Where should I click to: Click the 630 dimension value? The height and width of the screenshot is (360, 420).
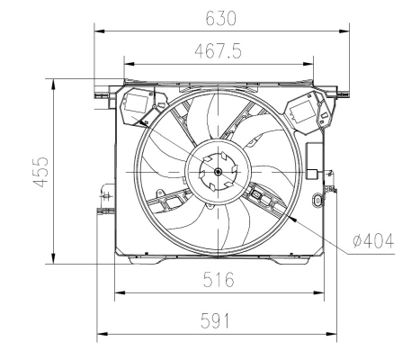click(x=220, y=18)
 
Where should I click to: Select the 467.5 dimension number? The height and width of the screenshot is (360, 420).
click(x=218, y=51)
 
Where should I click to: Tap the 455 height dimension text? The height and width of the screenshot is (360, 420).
click(x=40, y=172)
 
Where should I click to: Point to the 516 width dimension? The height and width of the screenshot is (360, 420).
click(x=219, y=279)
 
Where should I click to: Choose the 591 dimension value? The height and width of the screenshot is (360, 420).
click(x=215, y=320)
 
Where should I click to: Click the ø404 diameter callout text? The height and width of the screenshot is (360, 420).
click(x=373, y=241)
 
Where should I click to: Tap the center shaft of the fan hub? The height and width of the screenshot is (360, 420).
click(x=218, y=172)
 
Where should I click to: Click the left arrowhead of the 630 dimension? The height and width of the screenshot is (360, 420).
click(x=99, y=31)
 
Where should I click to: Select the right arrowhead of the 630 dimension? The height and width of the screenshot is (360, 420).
click(x=344, y=31)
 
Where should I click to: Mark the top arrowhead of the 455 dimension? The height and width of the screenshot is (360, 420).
click(x=53, y=85)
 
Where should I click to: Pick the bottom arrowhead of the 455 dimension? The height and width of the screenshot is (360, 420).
click(x=53, y=258)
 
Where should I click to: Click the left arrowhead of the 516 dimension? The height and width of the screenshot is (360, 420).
click(x=121, y=292)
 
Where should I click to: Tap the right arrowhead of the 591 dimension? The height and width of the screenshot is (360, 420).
click(x=332, y=334)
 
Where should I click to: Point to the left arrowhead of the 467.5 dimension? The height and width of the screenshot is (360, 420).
click(x=130, y=64)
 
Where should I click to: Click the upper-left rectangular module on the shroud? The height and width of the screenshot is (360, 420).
click(x=137, y=103)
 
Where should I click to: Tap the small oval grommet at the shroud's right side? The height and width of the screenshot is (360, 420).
click(x=317, y=200)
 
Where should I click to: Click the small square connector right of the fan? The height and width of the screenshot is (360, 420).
click(x=312, y=174)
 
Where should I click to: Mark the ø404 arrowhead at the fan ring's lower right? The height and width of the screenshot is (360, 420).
click(x=293, y=220)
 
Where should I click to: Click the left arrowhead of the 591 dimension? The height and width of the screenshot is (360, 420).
click(x=103, y=334)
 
